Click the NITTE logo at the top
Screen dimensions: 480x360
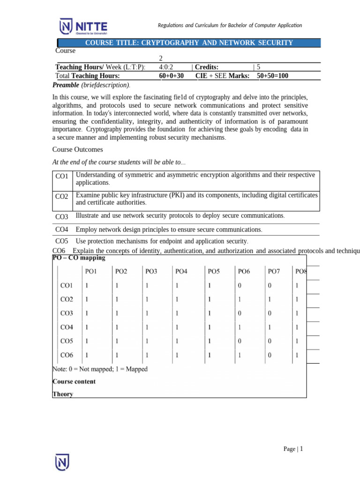(83, 26)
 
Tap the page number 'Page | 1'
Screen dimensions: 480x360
(293, 449)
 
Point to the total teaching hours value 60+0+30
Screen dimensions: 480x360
(172, 75)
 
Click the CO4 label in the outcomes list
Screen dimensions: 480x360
(62, 230)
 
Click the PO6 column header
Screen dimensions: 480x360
(244, 271)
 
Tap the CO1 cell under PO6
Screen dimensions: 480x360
(240, 285)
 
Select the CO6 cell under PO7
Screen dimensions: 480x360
(270, 355)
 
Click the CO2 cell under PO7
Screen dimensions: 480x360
(270, 299)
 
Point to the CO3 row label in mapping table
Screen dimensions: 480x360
(67, 313)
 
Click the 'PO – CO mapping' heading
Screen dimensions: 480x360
(78, 258)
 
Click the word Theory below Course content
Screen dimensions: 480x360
(63, 394)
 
